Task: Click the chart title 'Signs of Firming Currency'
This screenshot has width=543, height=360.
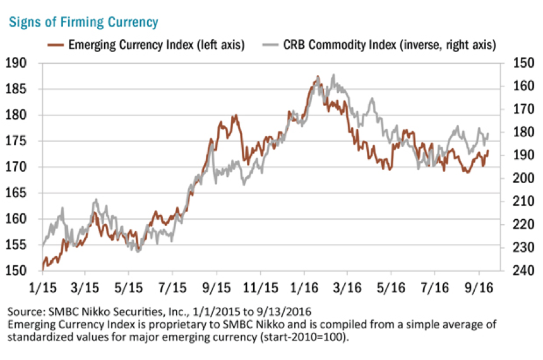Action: coord(83,23)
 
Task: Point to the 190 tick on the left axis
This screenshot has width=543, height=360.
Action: coord(16,63)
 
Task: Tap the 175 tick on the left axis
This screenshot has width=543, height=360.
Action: coord(16,141)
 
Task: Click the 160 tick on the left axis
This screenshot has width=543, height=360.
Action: coord(16,219)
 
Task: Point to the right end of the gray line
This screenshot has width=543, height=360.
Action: coord(488,133)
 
